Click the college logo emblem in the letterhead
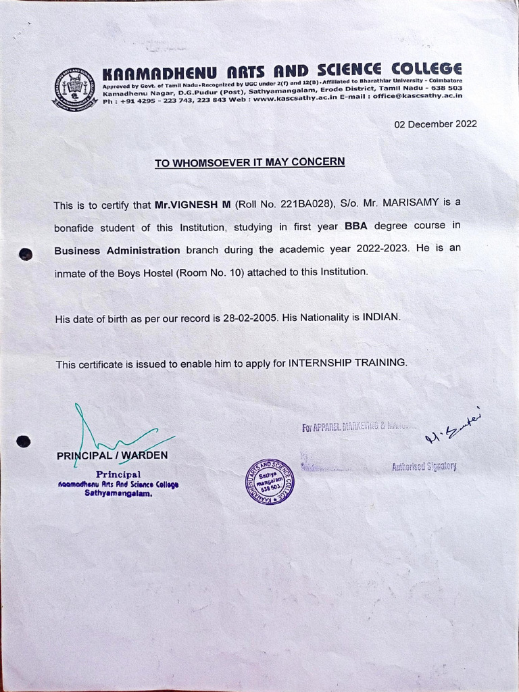click(x=76, y=89)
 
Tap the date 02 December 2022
click(x=435, y=124)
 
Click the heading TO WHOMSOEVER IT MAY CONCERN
click(x=249, y=162)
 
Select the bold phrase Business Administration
click(x=117, y=250)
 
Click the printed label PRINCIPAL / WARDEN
click(x=112, y=455)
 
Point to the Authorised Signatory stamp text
click(x=424, y=466)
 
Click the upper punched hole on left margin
click(x=26, y=254)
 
